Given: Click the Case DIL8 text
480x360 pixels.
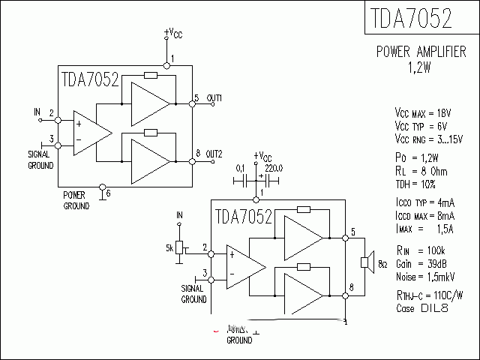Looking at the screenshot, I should (x=421, y=308).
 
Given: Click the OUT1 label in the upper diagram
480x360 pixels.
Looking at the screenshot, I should (x=214, y=98).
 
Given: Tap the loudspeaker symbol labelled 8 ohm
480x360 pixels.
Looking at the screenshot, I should (x=366, y=262).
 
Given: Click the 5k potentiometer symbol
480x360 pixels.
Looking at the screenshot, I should (x=179, y=247).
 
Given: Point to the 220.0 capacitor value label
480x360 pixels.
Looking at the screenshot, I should (x=274, y=168).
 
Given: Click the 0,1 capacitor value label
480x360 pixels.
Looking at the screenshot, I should (x=240, y=168).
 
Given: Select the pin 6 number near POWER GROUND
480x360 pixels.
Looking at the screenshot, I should (x=109, y=193).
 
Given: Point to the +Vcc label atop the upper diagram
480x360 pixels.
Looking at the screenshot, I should (x=172, y=33).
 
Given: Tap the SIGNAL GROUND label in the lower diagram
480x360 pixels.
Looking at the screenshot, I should (x=193, y=293).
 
